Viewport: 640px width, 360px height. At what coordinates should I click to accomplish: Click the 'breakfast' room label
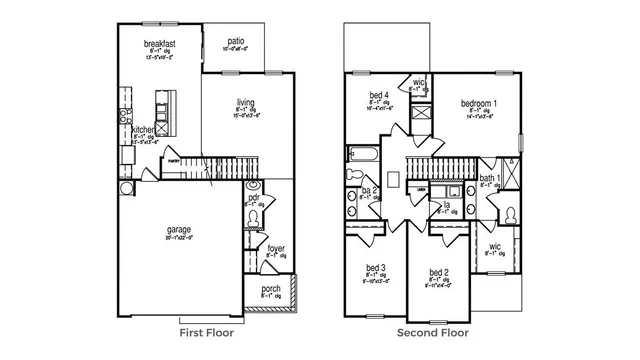[x=160, y=43]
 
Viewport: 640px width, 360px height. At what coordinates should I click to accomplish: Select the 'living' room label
[x=245, y=103]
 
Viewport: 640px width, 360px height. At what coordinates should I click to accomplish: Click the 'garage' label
[x=179, y=229]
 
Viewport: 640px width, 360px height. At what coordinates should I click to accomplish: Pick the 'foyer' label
[x=275, y=247]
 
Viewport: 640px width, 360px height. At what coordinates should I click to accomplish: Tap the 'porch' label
[x=271, y=289]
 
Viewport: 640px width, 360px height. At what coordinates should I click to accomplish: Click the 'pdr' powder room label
[x=254, y=198]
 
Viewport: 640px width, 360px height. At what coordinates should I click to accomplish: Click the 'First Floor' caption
[x=206, y=333]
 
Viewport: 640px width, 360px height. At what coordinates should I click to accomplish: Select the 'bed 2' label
[x=438, y=272]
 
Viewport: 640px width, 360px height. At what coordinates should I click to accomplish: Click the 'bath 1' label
[x=490, y=177]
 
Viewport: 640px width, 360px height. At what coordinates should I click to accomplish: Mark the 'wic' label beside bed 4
[x=419, y=81]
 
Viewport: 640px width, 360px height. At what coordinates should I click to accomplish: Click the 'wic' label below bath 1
[x=494, y=246]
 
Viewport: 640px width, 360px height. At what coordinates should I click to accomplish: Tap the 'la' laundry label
[x=446, y=205]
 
